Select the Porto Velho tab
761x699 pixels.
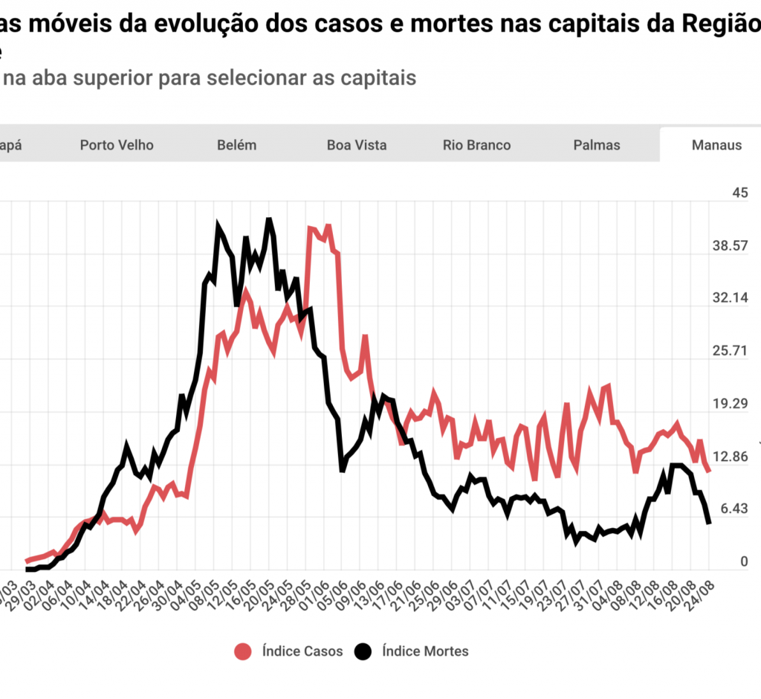pos(117,145)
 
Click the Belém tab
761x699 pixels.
pos(236,145)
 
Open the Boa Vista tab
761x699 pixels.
pos(357,145)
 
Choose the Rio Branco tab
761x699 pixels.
pos(476,145)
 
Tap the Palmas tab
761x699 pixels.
pos(597,145)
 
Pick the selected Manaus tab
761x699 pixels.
pos(716,145)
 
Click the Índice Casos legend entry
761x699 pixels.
pos(302,651)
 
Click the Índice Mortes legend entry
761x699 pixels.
pos(425,651)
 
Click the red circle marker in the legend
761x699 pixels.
pos(242,651)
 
